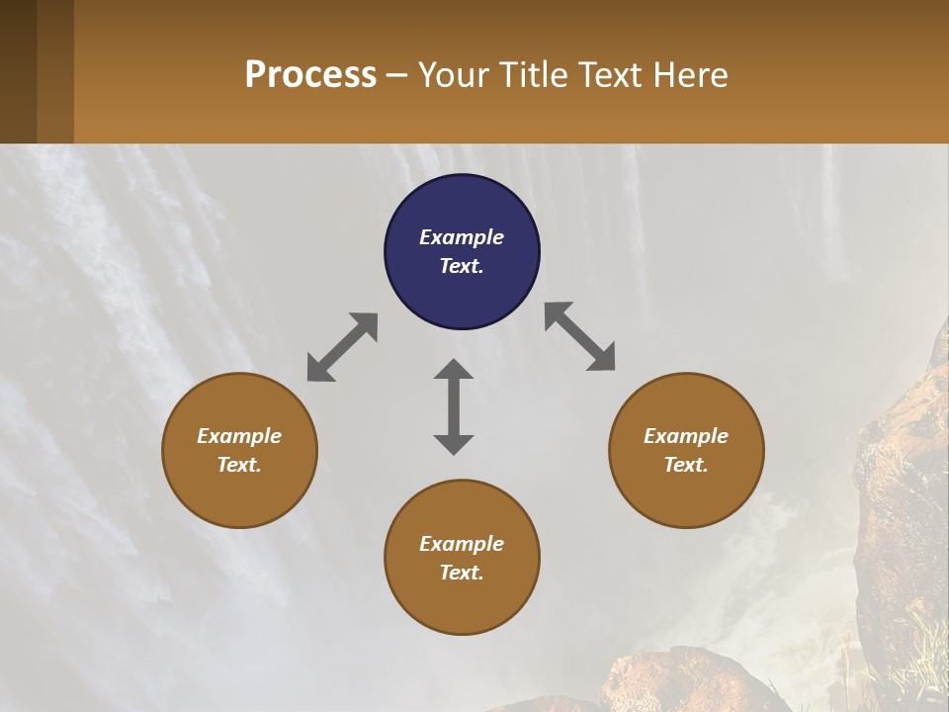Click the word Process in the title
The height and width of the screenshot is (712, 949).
[x=310, y=75]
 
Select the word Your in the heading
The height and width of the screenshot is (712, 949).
[x=449, y=75]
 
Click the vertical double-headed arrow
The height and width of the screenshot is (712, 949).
[x=454, y=406]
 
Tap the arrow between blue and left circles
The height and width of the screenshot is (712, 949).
[x=342, y=346]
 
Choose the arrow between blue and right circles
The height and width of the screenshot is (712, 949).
[x=579, y=336]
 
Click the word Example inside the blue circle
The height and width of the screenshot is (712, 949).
[x=462, y=237]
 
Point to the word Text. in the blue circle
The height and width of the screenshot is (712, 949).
[x=462, y=266]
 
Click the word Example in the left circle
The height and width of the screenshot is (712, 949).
[x=239, y=436]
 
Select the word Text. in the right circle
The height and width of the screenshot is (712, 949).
[x=686, y=465]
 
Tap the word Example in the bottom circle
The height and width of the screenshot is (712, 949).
[x=462, y=544]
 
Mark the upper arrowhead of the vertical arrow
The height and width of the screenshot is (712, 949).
[x=454, y=370]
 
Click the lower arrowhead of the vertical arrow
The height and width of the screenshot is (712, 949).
[x=454, y=444]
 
